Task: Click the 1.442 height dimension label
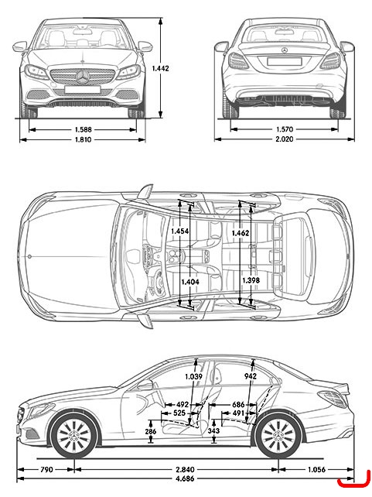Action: coord(161,68)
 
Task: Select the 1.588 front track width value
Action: coord(84,129)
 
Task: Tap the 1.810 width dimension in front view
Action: coord(83,139)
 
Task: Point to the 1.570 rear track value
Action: coord(285,129)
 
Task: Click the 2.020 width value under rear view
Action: coord(285,139)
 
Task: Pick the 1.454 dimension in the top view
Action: coord(180,231)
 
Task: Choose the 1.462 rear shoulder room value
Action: coord(241,233)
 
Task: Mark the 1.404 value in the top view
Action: coord(190,282)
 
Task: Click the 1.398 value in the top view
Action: coord(251,280)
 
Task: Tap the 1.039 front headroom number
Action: coord(194,376)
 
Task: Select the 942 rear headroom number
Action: coord(251,376)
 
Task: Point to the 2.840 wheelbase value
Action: coord(185,469)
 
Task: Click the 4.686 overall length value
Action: coord(185,478)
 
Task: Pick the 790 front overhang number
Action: coord(46,469)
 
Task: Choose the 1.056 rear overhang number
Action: coord(316,469)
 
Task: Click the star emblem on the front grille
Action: coord(83,77)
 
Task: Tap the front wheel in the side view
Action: coord(74,435)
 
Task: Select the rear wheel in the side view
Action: coord(279,435)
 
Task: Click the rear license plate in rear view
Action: coord(284,61)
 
